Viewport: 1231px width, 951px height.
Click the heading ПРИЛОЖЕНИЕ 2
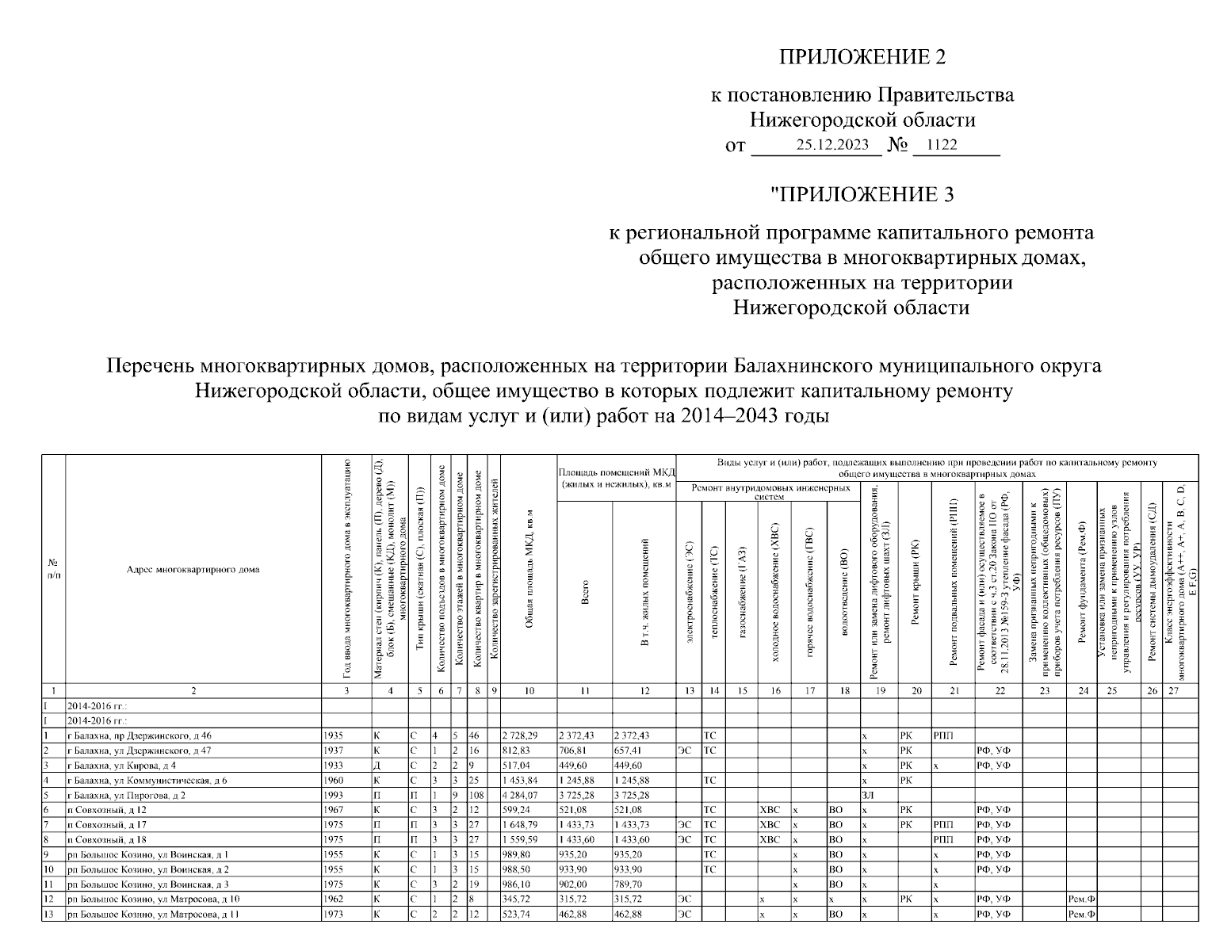coord(862,57)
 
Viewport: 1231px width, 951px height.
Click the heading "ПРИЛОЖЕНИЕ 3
coord(862,194)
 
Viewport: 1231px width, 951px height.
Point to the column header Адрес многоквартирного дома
coord(193,569)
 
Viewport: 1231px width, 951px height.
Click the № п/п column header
coord(53,569)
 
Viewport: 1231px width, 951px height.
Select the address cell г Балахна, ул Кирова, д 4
coord(122,766)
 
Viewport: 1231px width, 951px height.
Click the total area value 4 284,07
coord(519,795)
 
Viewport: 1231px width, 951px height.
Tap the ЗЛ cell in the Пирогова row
coord(866,795)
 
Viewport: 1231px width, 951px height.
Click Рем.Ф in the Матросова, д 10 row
coord(1081,899)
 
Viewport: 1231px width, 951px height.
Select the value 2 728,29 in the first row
coord(519,735)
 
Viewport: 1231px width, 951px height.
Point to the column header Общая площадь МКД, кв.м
coord(529,569)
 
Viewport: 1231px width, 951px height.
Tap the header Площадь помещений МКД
coord(616,479)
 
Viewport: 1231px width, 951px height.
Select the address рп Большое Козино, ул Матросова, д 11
coord(154,915)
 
